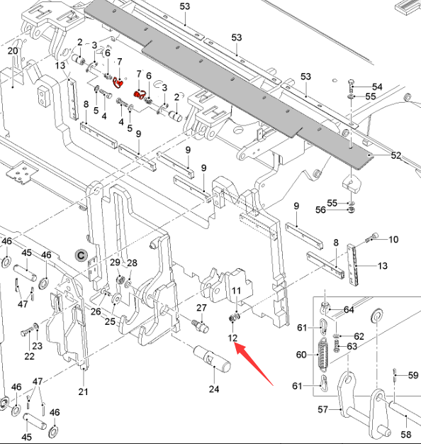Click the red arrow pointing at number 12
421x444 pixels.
pyautogui.click(x=253, y=363)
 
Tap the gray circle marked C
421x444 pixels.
pyautogui.click(x=82, y=256)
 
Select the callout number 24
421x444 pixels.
pyautogui.click(x=214, y=389)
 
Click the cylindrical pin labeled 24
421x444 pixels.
pyautogui.click(x=212, y=359)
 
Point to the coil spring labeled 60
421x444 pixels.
pyautogui.click(x=322, y=355)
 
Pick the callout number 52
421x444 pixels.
pyautogui.click(x=396, y=155)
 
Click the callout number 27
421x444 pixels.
pyautogui.click(x=201, y=308)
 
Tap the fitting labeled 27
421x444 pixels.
pyautogui.click(x=201, y=327)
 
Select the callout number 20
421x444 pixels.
pyautogui.click(x=13, y=51)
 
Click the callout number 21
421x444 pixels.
pyautogui.click(x=83, y=392)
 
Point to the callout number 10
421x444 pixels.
pyautogui.click(x=393, y=240)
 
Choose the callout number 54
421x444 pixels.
pyautogui.click(x=377, y=87)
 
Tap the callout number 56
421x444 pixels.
pyautogui.click(x=320, y=210)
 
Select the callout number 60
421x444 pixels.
pyautogui.click(x=302, y=355)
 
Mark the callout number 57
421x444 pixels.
pyautogui.click(x=322, y=409)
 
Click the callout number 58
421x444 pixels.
pyautogui.click(x=405, y=434)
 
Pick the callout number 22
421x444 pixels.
pyautogui.click(x=30, y=356)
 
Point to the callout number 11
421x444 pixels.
pyautogui.click(x=236, y=291)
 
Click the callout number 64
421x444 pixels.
pyautogui.click(x=349, y=310)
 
